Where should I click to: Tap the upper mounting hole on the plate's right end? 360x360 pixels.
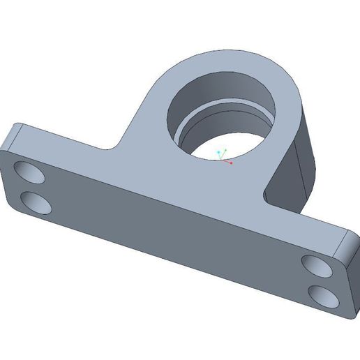[317, 265]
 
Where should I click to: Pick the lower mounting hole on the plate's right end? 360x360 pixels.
[323, 294]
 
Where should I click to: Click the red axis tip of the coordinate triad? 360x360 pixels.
[231, 163]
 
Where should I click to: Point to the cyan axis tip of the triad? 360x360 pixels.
[218, 151]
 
